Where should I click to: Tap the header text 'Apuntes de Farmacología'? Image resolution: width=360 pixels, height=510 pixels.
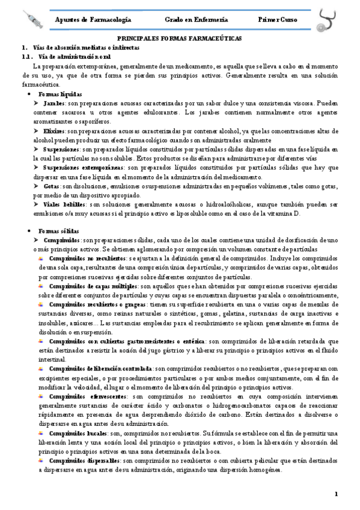(93, 20)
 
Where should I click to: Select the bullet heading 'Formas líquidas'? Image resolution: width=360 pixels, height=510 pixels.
(60, 94)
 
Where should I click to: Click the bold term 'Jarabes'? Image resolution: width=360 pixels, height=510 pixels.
(54, 103)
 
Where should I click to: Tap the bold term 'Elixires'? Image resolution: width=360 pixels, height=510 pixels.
(55, 131)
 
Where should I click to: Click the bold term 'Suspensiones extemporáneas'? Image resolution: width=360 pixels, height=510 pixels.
(85, 168)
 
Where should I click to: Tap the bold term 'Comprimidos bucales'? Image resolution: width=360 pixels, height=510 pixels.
(77, 433)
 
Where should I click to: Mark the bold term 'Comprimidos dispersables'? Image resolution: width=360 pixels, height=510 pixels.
(85, 461)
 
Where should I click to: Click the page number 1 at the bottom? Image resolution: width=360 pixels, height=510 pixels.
(337, 494)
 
